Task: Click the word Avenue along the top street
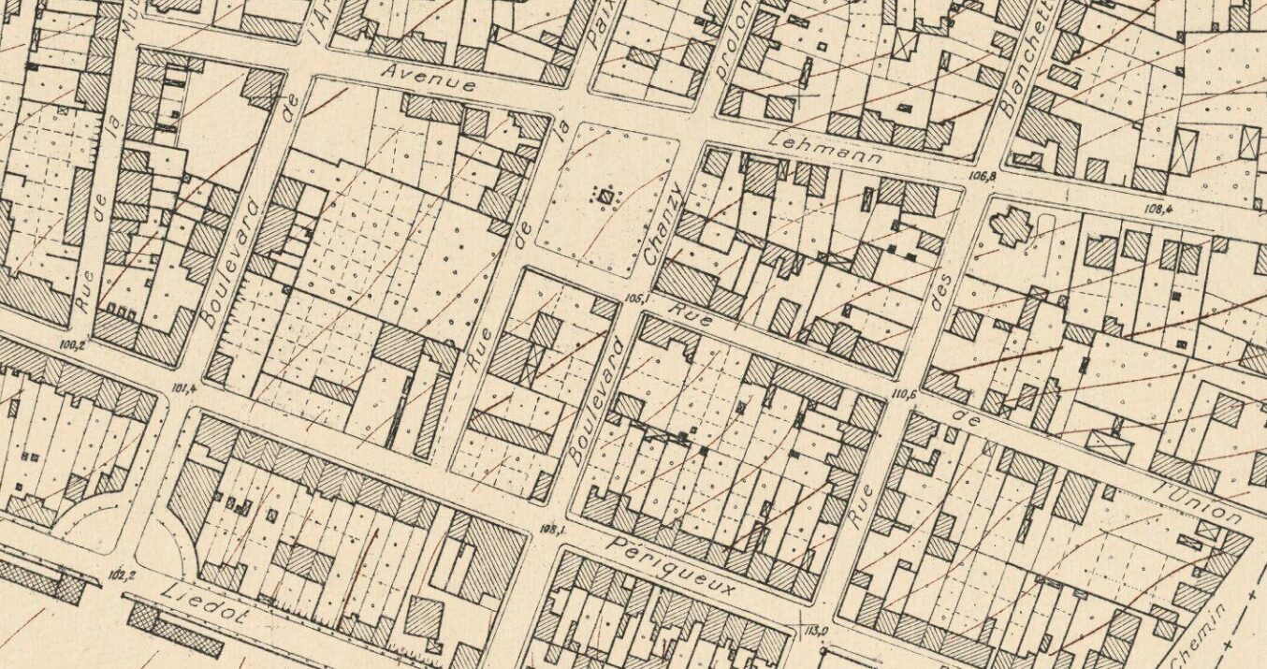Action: (430, 81)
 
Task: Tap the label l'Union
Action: (1200, 499)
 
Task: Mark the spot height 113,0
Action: (816, 630)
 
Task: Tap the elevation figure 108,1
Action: (555, 529)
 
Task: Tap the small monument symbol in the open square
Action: (605, 196)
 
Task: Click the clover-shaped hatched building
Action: (1012, 227)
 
